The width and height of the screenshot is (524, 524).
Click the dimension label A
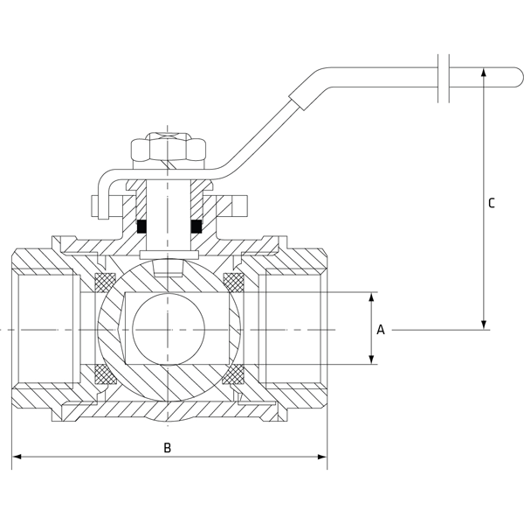(x=380, y=330)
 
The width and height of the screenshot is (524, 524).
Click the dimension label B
(x=169, y=448)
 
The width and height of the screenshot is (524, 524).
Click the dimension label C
(x=492, y=203)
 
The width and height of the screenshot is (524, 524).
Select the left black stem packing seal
(x=140, y=226)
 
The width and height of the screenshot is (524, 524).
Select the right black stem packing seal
(x=197, y=226)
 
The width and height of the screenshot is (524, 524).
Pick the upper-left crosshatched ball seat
(x=105, y=283)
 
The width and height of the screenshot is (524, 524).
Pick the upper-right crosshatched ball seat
(x=233, y=283)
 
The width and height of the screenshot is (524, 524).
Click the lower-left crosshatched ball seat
(x=105, y=375)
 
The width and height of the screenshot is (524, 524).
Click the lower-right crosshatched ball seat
(x=233, y=375)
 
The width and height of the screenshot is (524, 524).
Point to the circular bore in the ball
(x=169, y=329)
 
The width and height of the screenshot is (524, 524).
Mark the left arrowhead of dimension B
(x=17, y=456)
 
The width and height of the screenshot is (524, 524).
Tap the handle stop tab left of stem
(x=98, y=206)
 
